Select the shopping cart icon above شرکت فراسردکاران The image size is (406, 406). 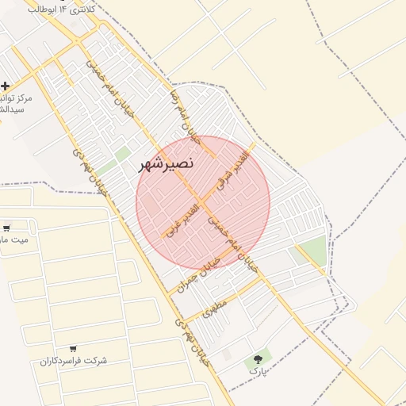tap(73, 349)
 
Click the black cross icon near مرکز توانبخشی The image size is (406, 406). tap(6, 85)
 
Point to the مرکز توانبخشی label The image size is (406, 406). tap(10, 103)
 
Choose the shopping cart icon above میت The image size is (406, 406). tap(7, 228)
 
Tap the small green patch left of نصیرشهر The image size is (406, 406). tap(122, 153)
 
